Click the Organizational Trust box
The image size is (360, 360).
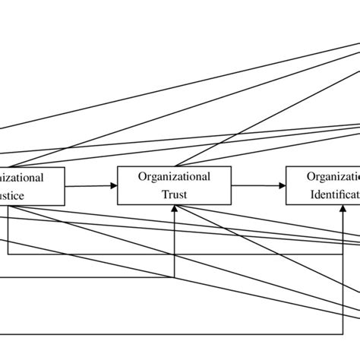point(174,185)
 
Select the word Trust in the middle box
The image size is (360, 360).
point(174,194)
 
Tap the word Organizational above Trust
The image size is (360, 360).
point(174,176)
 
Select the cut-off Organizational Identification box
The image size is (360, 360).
point(323,185)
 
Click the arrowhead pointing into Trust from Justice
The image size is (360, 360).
point(114,185)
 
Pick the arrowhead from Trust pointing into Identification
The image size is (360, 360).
point(283,185)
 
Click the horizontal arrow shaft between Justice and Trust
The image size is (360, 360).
point(90,185)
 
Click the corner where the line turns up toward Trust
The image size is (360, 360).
point(175,278)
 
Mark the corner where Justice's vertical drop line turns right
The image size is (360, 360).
point(8,254)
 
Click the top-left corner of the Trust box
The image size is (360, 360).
point(118,166)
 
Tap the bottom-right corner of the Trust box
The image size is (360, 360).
point(231,204)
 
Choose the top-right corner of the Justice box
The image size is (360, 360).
point(65,166)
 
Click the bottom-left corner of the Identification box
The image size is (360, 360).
point(286,204)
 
